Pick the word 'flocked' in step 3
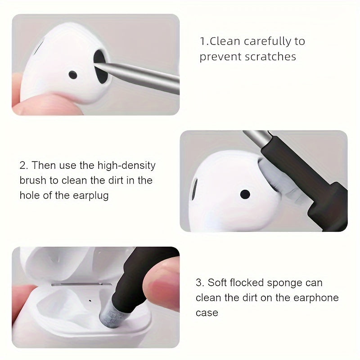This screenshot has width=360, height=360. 249,283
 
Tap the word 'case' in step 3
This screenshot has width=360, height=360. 207,312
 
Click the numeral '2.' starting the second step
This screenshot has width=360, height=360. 23,165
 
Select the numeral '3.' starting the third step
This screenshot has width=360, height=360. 199,283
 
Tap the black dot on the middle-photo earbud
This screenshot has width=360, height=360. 245,194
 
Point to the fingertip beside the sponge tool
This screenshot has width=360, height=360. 164,279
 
